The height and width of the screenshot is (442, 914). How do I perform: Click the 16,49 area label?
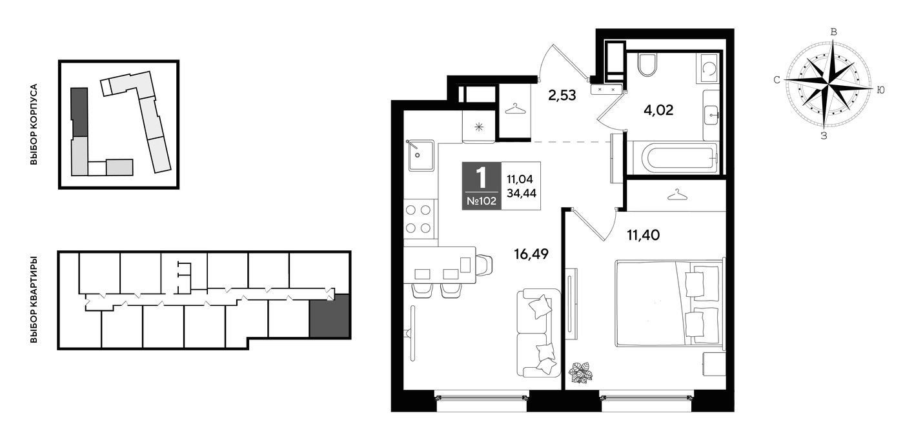(x=531, y=254)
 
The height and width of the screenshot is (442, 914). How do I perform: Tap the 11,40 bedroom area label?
(x=643, y=235)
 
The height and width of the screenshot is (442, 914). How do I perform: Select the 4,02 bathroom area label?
(x=658, y=110)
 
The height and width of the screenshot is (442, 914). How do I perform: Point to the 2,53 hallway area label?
(x=562, y=95)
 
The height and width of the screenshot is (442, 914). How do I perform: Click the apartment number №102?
(x=482, y=201)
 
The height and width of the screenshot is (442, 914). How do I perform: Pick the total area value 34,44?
(x=522, y=193)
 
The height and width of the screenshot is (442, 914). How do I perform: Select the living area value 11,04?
(x=520, y=179)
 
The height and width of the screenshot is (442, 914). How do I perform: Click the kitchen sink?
(x=421, y=155)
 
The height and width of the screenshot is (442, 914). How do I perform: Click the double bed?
(x=669, y=303)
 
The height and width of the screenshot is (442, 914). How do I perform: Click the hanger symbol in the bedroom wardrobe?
(x=677, y=195)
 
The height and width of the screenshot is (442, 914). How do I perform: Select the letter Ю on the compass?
(x=880, y=90)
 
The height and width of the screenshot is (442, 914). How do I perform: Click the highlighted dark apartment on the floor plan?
(x=329, y=316)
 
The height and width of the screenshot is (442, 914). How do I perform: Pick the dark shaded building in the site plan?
(x=79, y=112)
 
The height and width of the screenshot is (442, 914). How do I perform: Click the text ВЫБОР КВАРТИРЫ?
(x=34, y=299)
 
